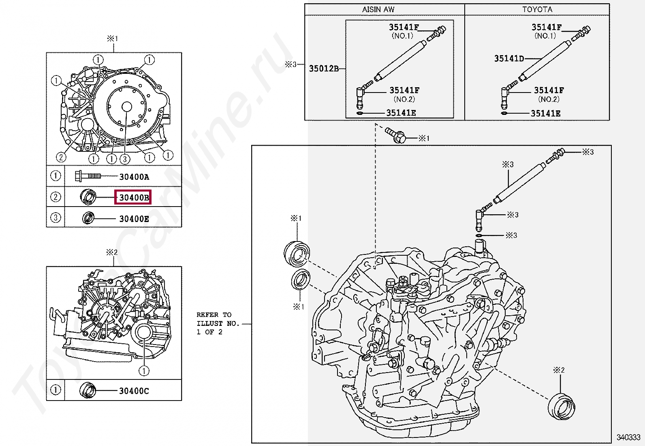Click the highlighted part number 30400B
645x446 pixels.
coord(133,198)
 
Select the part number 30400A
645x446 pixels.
coord(134,177)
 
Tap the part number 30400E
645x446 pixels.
coord(134,219)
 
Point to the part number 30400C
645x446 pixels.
coord(134,391)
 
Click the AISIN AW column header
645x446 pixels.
coord(378,9)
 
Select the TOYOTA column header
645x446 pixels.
coord(537,9)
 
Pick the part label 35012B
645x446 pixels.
coord(324,69)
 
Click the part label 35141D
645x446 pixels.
coord(509,58)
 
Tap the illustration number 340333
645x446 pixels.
coord(628,437)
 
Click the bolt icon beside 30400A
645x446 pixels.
coord(87,176)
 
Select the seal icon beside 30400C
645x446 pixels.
coord(88,390)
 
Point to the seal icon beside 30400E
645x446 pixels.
coord(88,218)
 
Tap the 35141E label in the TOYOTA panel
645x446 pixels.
coord(545,113)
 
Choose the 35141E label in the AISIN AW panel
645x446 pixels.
coord(401,113)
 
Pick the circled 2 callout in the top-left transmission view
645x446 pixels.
coord(61,157)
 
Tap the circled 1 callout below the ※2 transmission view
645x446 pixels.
coord(144,371)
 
